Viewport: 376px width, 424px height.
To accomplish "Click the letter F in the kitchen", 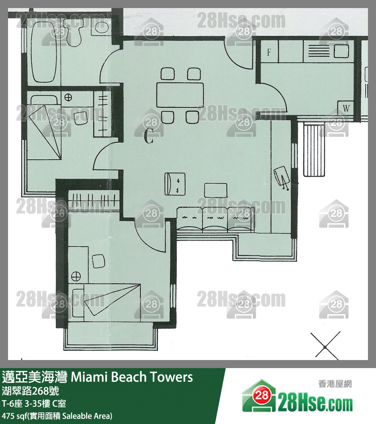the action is pyautogui.click(x=269, y=52).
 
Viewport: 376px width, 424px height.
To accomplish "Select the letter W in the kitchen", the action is pyautogui.click(x=346, y=108).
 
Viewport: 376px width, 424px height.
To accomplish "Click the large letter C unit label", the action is pyautogui.click(x=149, y=136).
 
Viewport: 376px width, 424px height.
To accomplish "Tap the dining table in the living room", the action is pyautogui.click(x=180, y=95).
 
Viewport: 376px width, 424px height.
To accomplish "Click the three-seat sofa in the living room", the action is pyautogui.click(x=216, y=219).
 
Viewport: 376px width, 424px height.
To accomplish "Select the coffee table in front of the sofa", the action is pyautogui.click(x=216, y=190).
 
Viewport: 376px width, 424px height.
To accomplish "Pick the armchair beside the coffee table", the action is pyautogui.click(x=175, y=184).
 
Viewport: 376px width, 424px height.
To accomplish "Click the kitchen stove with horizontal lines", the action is pyautogui.click(x=319, y=51).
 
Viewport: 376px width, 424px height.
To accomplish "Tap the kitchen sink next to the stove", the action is pyautogui.click(x=341, y=51).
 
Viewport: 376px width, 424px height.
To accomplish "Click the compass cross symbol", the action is pyautogui.click(x=325, y=347).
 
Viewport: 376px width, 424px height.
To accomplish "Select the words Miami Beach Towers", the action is pyautogui.click(x=131, y=377).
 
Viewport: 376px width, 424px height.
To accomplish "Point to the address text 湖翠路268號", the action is pyautogui.click(x=30, y=391).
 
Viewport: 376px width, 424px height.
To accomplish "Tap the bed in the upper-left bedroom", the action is pyautogui.click(x=44, y=128).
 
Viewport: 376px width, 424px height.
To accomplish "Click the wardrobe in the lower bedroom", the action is pyautogui.click(x=94, y=200).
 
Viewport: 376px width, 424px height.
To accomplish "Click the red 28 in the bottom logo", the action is pyautogui.click(x=262, y=395).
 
